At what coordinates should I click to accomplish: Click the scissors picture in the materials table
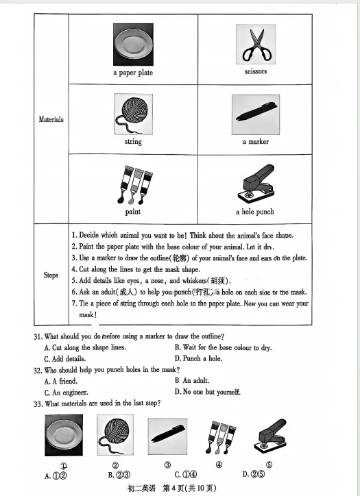tap(256, 45)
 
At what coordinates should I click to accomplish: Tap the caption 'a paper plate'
tap(133, 73)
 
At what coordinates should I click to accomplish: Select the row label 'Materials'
tap(51, 119)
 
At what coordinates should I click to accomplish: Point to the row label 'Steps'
tap(51, 275)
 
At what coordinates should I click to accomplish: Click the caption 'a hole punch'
tap(255, 212)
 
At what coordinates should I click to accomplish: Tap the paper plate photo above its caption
tap(133, 45)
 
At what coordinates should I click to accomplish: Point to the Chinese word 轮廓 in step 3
tap(179, 258)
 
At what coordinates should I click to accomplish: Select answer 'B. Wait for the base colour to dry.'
tap(224, 347)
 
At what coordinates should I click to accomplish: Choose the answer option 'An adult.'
tap(196, 380)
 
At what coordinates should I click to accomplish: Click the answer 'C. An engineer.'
tap(67, 393)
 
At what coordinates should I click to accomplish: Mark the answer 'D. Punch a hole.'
tap(198, 358)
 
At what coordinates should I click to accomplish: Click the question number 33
tap(38, 404)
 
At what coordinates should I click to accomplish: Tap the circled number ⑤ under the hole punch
tap(269, 464)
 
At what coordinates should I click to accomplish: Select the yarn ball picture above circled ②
tap(115, 435)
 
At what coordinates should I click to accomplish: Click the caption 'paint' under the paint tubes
tap(132, 212)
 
